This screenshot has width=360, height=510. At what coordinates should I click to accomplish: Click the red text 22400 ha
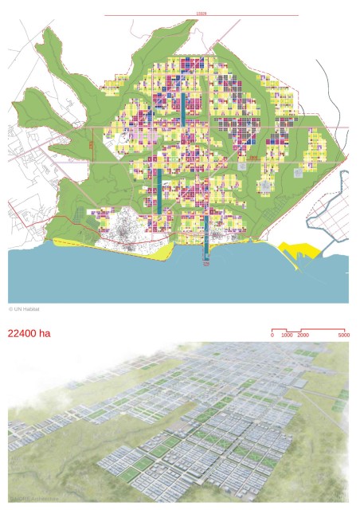[x=29, y=334]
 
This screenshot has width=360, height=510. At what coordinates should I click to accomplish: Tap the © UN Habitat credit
[x=24, y=308]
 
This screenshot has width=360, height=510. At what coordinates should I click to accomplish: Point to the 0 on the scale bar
[x=272, y=335]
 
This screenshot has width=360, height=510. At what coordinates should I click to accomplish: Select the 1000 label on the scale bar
[x=287, y=335]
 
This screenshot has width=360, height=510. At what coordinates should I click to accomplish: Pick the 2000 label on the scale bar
[x=303, y=335]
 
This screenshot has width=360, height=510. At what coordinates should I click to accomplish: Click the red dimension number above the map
[x=201, y=13]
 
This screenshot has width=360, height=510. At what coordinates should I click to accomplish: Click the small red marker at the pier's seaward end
[x=205, y=266]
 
